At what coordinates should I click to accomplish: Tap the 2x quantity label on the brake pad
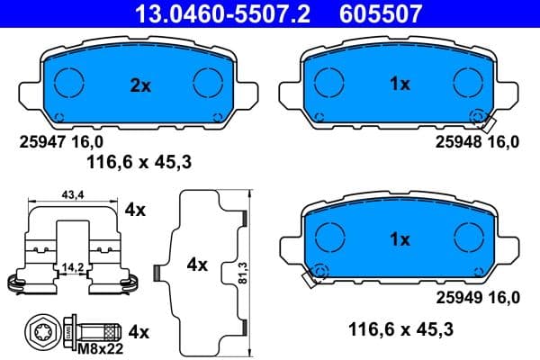pos(139,85)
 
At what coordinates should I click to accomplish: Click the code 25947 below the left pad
pos(41,142)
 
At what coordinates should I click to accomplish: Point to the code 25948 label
pos(457,142)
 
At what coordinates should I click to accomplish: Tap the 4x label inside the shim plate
pos(197,265)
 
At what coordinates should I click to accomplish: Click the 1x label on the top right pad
pos(400,84)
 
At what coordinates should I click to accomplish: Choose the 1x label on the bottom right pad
pos(400,239)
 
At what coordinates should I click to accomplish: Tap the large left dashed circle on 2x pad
pos(69,85)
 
